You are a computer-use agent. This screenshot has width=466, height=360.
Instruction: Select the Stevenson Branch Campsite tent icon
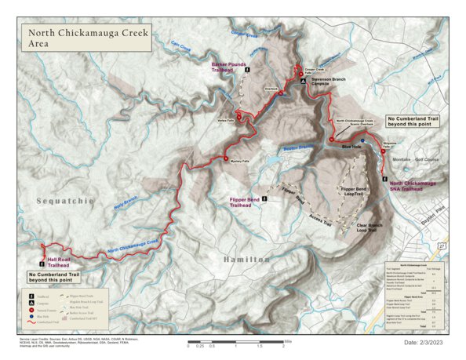(x=303, y=81)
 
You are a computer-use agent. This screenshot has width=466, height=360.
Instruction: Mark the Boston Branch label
(x=297, y=148)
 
